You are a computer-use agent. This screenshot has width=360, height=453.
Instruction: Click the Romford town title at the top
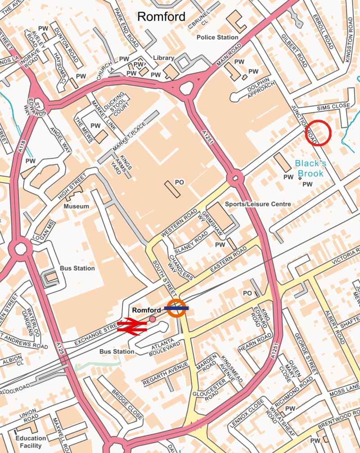[x=161, y=17]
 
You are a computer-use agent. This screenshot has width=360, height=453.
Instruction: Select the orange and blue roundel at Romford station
[x=176, y=308]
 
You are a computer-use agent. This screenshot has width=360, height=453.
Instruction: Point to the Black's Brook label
[x=310, y=169]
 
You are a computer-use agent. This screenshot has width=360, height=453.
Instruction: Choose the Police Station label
[x=217, y=37]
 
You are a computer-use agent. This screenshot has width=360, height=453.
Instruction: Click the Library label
[x=163, y=58]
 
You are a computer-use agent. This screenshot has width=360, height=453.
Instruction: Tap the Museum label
[x=76, y=206]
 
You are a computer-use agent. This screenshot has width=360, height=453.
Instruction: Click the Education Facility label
[x=31, y=441]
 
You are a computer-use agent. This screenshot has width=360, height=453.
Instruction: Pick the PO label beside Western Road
[x=180, y=182]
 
